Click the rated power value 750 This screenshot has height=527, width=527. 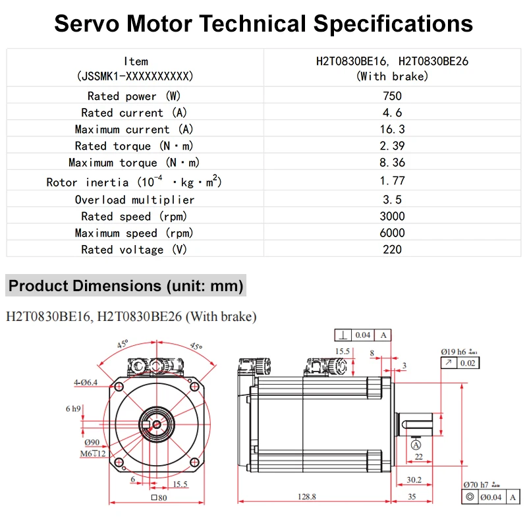pyautogui.click(x=392, y=96)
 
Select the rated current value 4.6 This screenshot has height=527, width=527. pyautogui.click(x=392, y=113)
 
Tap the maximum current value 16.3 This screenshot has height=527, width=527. pyautogui.click(x=392, y=129)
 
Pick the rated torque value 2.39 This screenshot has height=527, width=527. pyautogui.click(x=392, y=146)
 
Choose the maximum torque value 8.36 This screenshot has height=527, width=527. pyautogui.click(x=392, y=162)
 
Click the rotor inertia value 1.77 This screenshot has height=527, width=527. pyautogui.click(x=392, y=180)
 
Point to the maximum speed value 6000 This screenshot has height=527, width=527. pyautogui.click(x=392, y=233)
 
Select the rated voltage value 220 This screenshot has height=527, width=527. pyautogui.click(x=392, y=249)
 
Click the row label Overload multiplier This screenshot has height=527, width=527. pyautogui.click(x=134, y=200)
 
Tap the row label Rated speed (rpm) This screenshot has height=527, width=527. pyautogui.click(x=134, y=216)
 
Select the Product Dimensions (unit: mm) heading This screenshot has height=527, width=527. pyautogui.click(x=126, y=287)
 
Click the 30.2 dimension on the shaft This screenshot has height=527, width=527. pyautogui.click(x=414, y=480)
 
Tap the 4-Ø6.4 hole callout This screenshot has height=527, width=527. pyautogui.click(x=86, y=382)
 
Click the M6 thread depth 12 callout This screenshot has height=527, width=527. pyautogui.click(x=92, y=454)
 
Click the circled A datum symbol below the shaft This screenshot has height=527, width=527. pyautogui.click(x=416, y=445)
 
